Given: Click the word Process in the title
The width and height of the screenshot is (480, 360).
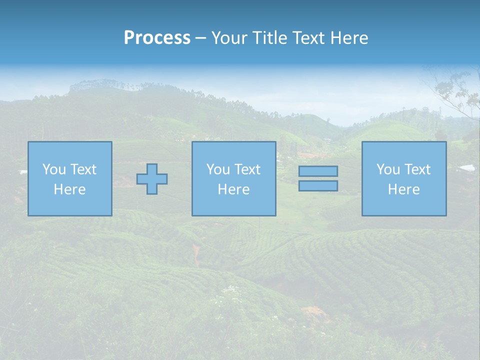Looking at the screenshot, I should tap(157, 38).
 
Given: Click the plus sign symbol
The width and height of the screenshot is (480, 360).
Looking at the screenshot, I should tap(152, 179).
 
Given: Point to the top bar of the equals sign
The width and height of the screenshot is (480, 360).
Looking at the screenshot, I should tap(318, 171).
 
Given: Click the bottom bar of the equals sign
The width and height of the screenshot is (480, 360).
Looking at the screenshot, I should tap(318, 185).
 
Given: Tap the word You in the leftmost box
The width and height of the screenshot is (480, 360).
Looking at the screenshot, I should tap(54, 169).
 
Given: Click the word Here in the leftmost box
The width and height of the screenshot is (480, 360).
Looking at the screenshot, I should tap(70, 189).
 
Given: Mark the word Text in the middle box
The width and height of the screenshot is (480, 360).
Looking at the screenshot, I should tap(247, 169).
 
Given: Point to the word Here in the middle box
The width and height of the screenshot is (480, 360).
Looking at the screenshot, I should tap(234, 189).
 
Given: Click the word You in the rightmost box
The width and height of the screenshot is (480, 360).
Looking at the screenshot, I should tap(388, 169).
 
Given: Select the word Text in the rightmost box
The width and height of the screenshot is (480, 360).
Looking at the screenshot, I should tap(417, 169).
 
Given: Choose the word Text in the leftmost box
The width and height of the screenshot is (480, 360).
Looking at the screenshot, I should tap(83, 169).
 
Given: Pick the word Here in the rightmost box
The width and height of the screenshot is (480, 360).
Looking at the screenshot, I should tap(404, 189).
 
